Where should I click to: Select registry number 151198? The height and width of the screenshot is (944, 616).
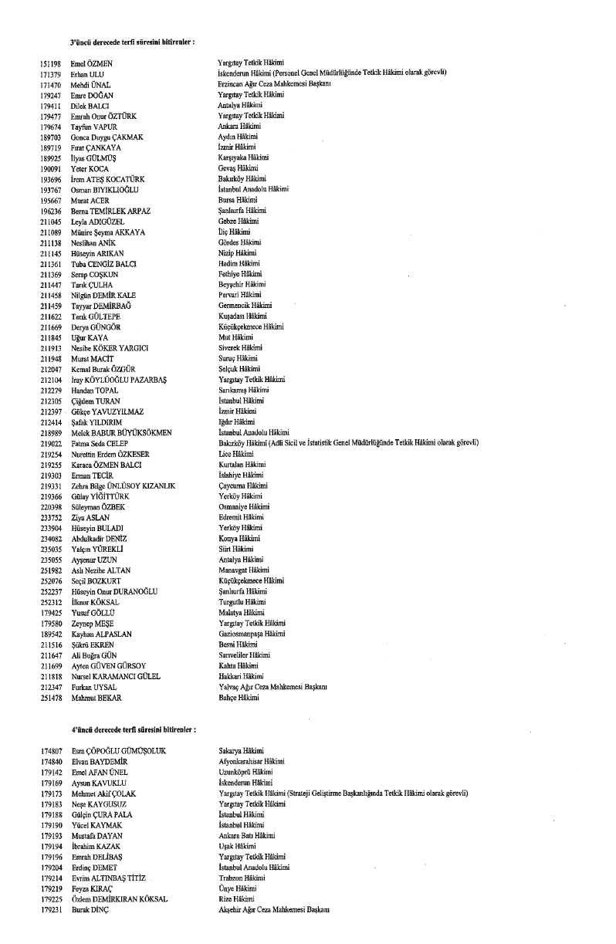point(50,63)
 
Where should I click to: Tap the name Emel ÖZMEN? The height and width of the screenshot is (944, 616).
point(91,63)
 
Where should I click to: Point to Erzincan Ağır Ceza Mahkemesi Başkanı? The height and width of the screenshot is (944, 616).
point(274,83)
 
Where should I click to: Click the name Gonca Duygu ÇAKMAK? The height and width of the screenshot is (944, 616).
point(107,137)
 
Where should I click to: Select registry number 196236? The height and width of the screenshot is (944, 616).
point(50,211)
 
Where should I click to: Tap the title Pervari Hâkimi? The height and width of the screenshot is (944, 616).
point(241,295)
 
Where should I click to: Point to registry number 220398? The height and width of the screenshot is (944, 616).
point(50,506)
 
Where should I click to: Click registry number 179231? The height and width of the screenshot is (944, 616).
point(50,910)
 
